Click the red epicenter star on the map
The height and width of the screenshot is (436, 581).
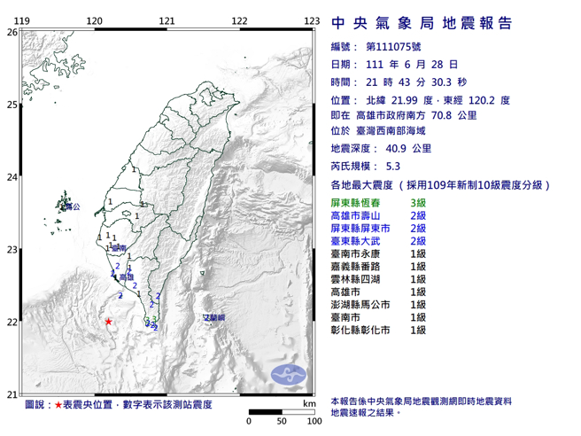coord(108,322)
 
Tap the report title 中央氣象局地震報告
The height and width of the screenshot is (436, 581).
coord(420,24)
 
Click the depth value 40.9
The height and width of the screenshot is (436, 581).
coord(397,150)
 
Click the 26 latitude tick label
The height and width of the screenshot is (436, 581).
coord(12,32)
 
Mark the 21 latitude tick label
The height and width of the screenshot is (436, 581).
coord(12,394)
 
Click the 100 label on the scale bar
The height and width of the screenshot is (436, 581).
coord(313,422)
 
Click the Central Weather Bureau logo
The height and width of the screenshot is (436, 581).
coord(287,373)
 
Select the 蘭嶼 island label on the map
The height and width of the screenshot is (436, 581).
coord(215,316)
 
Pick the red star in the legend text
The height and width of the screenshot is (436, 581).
coord(58,405)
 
